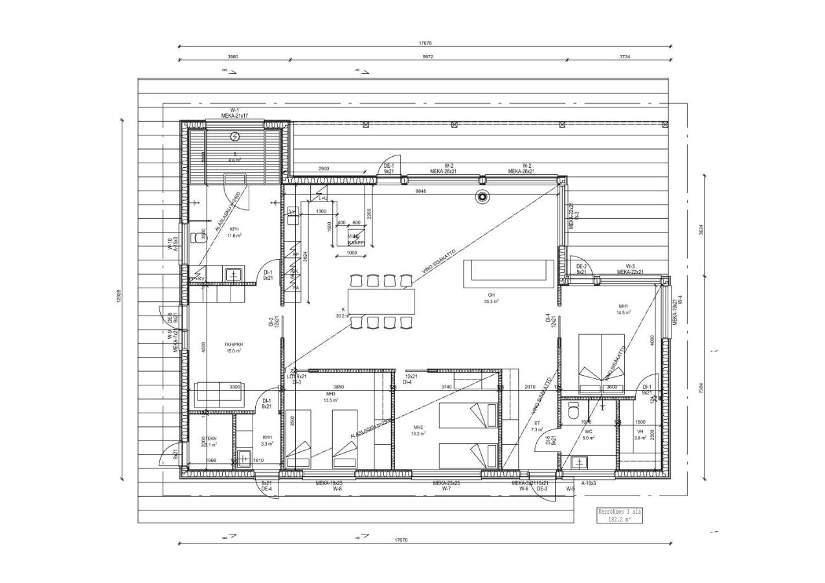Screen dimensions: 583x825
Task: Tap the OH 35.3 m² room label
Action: [491, 299]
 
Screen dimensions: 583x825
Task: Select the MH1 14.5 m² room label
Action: [624, 310]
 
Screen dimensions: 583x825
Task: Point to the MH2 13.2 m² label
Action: [418, 431]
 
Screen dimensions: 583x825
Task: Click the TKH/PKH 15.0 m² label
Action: [234, 348]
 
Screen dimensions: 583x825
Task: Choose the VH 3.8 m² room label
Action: [640, 435]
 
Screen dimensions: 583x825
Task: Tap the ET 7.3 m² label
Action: [537, 426]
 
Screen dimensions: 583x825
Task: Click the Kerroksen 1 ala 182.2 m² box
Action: [619, 516]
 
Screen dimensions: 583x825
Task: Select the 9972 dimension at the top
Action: [427, 57]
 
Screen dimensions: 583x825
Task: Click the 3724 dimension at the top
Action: [624, 57]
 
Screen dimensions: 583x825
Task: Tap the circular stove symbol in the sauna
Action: [234, 136]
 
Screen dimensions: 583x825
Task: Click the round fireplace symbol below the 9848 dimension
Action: [482, 198]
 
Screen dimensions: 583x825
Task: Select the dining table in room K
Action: [381, 301]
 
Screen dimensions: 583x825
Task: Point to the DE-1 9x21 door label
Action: [389, 168]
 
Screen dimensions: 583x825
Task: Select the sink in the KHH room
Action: [244, 458]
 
